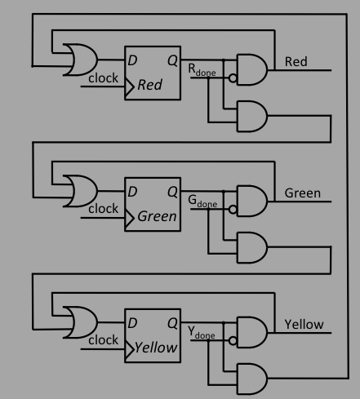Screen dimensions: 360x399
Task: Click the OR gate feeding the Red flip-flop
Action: coord(82,60)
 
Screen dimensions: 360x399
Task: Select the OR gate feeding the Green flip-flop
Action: coord(82,191)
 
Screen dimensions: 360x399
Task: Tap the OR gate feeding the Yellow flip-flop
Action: coord(82,322)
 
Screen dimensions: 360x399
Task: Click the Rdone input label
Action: coord(202,70)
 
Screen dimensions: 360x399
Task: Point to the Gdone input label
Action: coord(202,202)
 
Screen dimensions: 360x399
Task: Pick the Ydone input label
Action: coord(202,333)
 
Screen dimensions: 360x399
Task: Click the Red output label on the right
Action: coord(296,61)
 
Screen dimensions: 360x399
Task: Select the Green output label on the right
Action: coord(303,193)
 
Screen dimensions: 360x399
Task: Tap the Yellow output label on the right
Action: coord(304,325)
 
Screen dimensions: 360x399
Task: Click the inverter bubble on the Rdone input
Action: coord(233,78)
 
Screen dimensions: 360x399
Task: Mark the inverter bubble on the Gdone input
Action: coord(233,210)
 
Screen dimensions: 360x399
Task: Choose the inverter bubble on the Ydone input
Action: coord(233,340)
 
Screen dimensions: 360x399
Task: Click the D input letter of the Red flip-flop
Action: coord(132,60)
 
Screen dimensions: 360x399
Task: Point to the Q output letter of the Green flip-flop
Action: coord(172,192)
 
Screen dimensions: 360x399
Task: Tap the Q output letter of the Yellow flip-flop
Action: coord(172,323)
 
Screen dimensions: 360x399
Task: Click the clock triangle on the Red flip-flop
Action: coord(130,86)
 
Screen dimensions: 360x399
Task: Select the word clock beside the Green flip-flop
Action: coord(103,209)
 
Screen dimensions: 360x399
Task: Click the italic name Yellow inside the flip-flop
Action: coord(156,348)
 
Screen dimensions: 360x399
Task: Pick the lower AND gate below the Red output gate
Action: coord(252,117)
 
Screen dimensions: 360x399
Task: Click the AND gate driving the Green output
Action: coord(252,202)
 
